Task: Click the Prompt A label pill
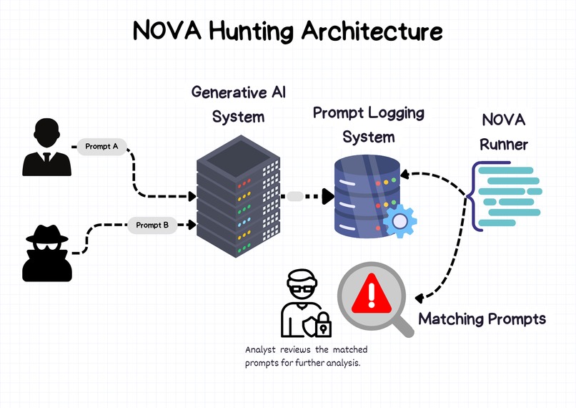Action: click(x=102, y=147)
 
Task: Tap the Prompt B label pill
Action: click(x=152, y=225)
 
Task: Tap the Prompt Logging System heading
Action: click(x=368, y=124)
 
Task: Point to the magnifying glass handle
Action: click(x=402, y=325)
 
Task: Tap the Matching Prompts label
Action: click(x=482, y=319)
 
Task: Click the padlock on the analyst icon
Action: click(x=324, y=326)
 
